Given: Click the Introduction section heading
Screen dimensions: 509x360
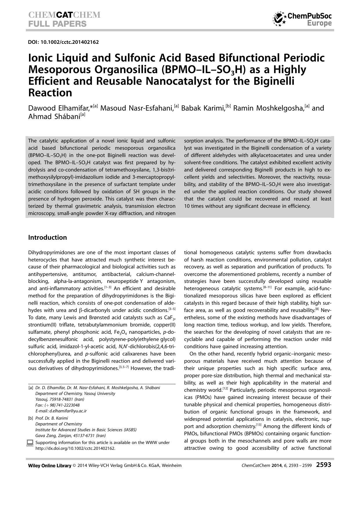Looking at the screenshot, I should (47, 237).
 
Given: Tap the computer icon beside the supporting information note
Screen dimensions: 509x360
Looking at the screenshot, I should (30, 443).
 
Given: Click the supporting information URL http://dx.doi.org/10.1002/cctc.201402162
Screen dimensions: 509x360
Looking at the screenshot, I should (75, 448).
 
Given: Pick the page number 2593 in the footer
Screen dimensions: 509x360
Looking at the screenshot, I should (323, 465).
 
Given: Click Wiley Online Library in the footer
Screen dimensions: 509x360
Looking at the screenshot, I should (50, 465).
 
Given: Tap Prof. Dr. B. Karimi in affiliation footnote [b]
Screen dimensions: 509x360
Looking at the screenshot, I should (52, 418).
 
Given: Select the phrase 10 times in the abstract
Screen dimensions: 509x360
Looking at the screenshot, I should (193, 206).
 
